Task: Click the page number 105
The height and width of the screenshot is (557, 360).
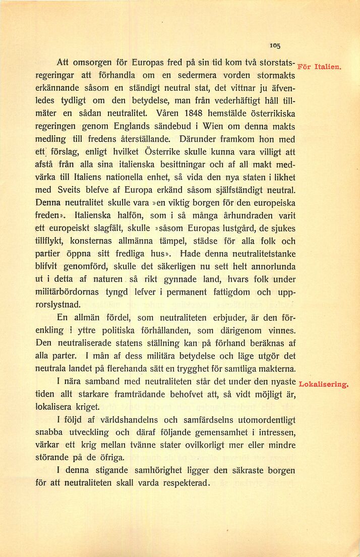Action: [x=275, y=45]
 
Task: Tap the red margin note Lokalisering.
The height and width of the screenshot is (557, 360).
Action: [x=324, y=385]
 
